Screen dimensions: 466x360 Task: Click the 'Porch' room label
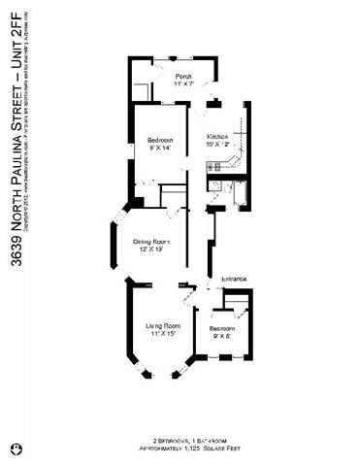[x=182, y=76]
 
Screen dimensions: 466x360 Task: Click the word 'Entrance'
[x=234, y=280]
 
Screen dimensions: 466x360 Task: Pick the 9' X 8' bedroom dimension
[x=222, y=336]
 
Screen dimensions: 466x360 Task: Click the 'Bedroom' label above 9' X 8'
[x=222, y=328]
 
